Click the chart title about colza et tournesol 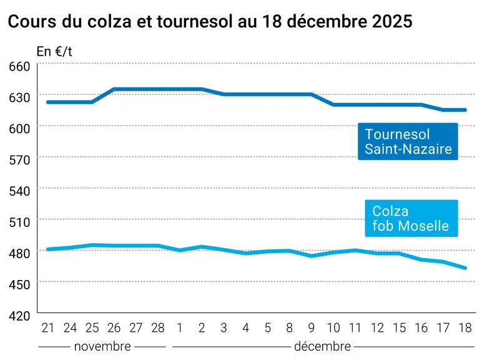[x=210, y=21]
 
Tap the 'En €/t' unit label [x=54, y=52]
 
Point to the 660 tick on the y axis [x=19, y=66]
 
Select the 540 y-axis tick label [x=19, y=191]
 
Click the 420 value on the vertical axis [x=19, y=316]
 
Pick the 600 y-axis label [x=19, y=129]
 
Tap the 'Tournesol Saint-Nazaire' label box [x=408, y=141]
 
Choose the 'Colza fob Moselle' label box [x=411, y=219]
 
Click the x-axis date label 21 [x=47, y=328]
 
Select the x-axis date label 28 [x=158, y=328]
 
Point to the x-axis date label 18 [x=465, y=328]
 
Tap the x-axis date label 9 [x=312, y=328]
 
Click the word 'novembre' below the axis [x=102, y=346]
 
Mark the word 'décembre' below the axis [x=322, y=346]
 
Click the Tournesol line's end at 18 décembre [x=465, y=110]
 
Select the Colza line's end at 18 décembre [x=465, y=268]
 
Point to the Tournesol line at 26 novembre [x=114, y=89]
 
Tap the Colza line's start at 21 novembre [x=48, y=249]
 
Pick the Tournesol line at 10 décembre [x=333, y=105]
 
